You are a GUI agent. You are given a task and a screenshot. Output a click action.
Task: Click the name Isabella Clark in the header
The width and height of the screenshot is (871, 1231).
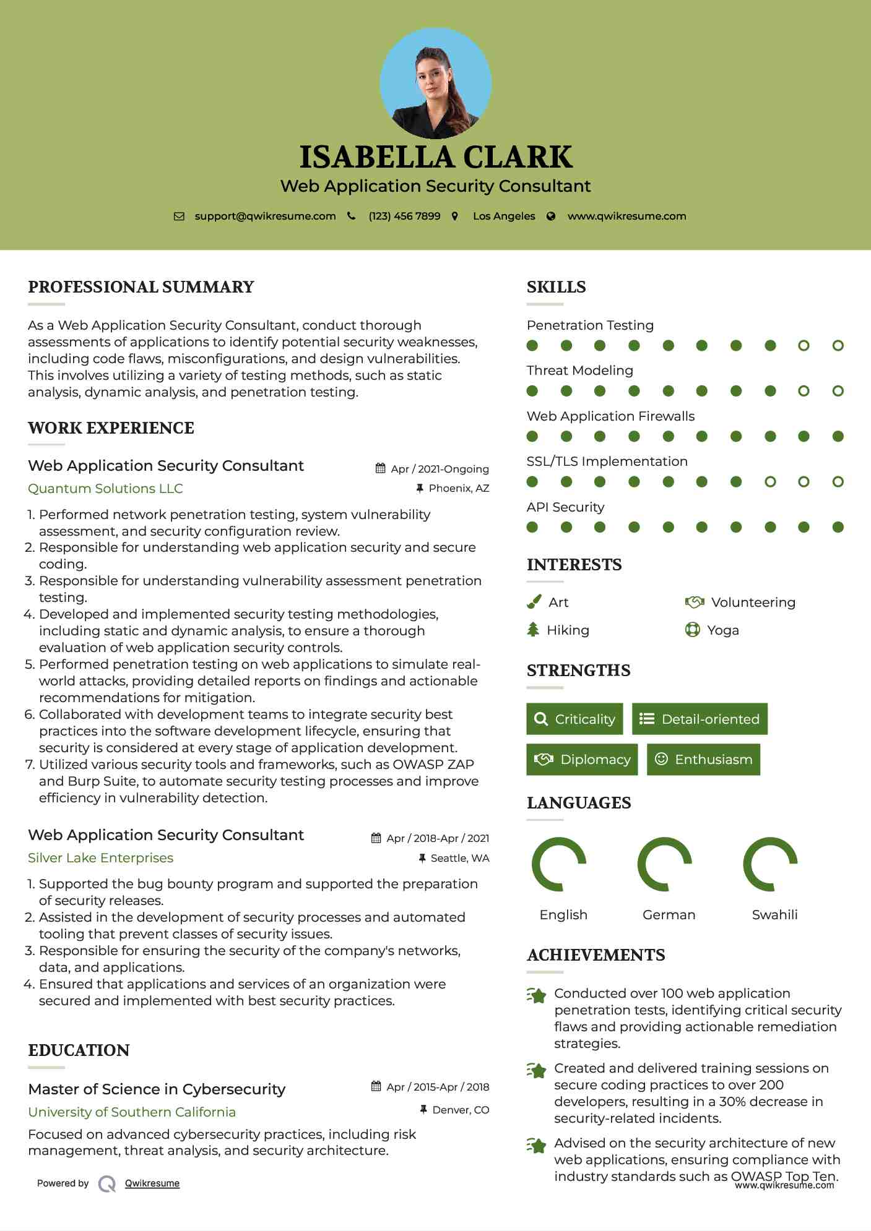(436, 157)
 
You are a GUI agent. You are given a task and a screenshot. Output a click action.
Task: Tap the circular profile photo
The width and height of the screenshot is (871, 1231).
(436, 83)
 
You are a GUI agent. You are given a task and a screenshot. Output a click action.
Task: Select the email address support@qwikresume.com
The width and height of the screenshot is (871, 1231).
(265, 216)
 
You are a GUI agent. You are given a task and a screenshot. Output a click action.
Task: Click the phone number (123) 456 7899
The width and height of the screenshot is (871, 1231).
(404, 216)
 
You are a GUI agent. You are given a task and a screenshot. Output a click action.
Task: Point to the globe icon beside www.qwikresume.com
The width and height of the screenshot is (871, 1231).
(551, 216)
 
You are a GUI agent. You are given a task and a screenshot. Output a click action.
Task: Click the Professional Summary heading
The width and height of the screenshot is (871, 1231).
(141, 287)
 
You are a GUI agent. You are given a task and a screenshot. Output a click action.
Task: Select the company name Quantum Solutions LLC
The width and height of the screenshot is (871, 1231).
(105, 489)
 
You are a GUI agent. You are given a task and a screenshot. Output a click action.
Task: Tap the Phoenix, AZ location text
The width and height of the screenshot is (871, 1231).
(459, 489)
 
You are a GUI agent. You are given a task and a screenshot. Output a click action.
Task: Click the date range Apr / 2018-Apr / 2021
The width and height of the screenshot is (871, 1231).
(438, 838)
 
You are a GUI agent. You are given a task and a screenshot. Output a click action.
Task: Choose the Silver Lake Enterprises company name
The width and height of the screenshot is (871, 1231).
(100, 858)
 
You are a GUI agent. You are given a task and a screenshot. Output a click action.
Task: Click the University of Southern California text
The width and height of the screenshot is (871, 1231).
(132, 1112)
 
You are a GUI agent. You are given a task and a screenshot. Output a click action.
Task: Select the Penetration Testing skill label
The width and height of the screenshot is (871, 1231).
(590, 325)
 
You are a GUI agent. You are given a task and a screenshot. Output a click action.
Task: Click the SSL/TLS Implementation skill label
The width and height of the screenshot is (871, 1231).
(607, 461)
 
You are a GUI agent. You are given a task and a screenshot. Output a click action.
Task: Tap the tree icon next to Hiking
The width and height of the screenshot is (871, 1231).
(533, 630)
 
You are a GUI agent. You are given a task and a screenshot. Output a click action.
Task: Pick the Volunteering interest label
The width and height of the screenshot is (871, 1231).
(753, 603)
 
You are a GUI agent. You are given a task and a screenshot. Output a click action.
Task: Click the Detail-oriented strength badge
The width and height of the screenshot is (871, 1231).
(700, 719)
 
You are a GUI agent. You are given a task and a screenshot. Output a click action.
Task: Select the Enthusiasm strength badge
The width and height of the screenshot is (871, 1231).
(703, 759)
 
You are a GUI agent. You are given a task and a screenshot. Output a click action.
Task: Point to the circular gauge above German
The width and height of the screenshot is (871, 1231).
(665, 864)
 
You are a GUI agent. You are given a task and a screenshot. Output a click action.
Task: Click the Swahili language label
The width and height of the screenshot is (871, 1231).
(774, 915)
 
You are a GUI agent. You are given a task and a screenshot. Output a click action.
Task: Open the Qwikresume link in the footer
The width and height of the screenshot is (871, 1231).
(152, 1183)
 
